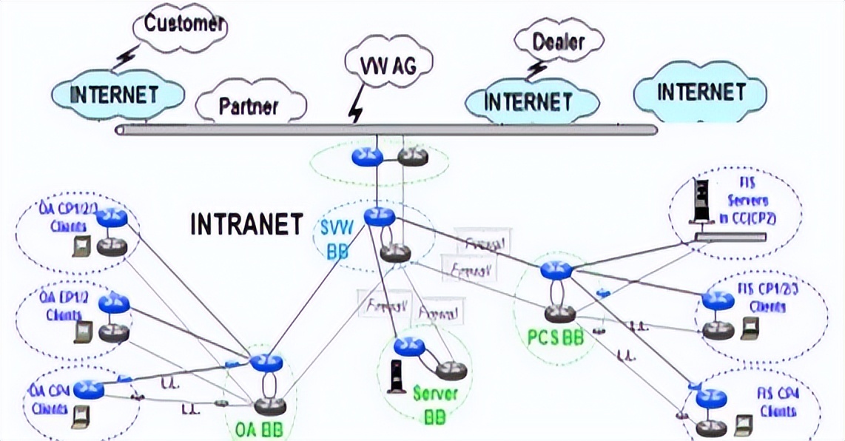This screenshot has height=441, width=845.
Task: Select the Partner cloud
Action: pyautogui.click(x=249, y=107)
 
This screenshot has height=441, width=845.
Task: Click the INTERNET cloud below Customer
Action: pyautogui.click(x=115, y=94)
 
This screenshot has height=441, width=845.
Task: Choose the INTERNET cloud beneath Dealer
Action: pyautogui.click(x=528, y=101)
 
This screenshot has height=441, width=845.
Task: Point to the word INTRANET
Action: pyautogui.click(x=247, y=224)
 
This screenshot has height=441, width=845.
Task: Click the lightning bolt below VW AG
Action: pyautogui.click(x=357, y=110)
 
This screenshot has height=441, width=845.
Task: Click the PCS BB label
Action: pyautogui.click(x=556, y=338)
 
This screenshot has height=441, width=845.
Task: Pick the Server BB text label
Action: pyautogui.click(x=432, y=405)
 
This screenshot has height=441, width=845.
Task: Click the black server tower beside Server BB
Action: pyautogui.click(x=395, y=376)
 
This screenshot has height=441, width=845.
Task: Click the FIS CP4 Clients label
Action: pyautogui.click(x=776, y=403)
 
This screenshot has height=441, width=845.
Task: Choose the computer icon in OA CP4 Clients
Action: pyautogui.click(x=78, y=417)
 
